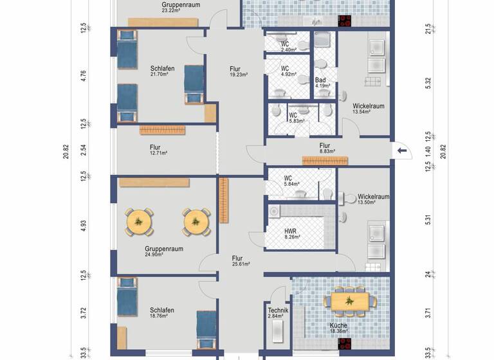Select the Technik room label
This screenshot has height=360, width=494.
[x=278, y=310]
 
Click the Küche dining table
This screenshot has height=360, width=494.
[x=351, y=300]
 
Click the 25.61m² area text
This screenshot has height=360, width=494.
[x=241, y=264]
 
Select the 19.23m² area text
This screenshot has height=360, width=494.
[x=239, y=75]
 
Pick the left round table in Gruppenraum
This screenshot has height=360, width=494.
[x=140, y=222]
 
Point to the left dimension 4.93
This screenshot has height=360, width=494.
[x=83, y=226]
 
